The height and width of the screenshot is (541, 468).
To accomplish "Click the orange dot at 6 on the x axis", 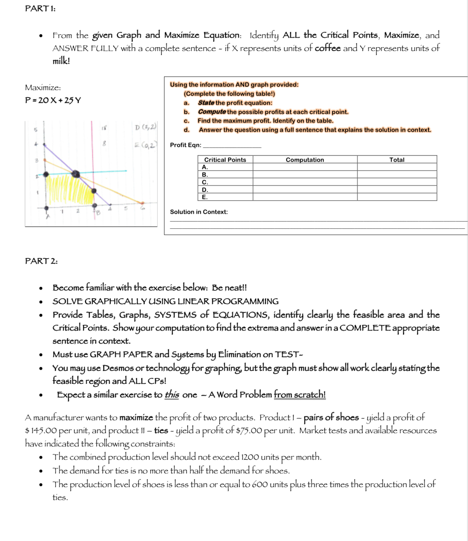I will pyautogui.click(x=142, y=204).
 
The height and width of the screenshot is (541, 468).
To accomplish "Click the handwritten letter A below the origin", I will pyautogui.click(x=48, y=217).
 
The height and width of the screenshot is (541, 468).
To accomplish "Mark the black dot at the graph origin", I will pyautogui.click(x=46, y=208).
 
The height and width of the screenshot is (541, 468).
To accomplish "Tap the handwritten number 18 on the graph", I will pyautogui.click(x=103, y=128).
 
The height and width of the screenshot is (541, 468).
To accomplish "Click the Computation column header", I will pyautogui.click(x=305, y=160).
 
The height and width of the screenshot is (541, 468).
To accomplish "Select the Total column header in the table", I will pyautogui.click(x=396, y=160).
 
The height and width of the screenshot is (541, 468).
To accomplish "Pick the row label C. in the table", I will pyautogui.click(x=205, y=182).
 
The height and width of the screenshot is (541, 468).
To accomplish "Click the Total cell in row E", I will pyautogui.click(x=396, y=197).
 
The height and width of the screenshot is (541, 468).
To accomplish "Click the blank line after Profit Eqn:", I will pyautogui.click(x=232, y=145).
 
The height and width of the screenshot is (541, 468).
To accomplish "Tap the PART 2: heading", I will pyautogui.click(x=41, y=261).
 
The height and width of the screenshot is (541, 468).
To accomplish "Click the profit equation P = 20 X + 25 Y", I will pyautogui.click(x=53, y=100).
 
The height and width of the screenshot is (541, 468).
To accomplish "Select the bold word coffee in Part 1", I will pyautogui.click(x=328, y=48).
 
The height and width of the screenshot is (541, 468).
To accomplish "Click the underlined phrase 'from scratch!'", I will pyautogui.click(x=299, y=395).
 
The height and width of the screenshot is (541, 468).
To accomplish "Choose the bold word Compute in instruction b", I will pyautogui.click(x=212, y=112).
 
